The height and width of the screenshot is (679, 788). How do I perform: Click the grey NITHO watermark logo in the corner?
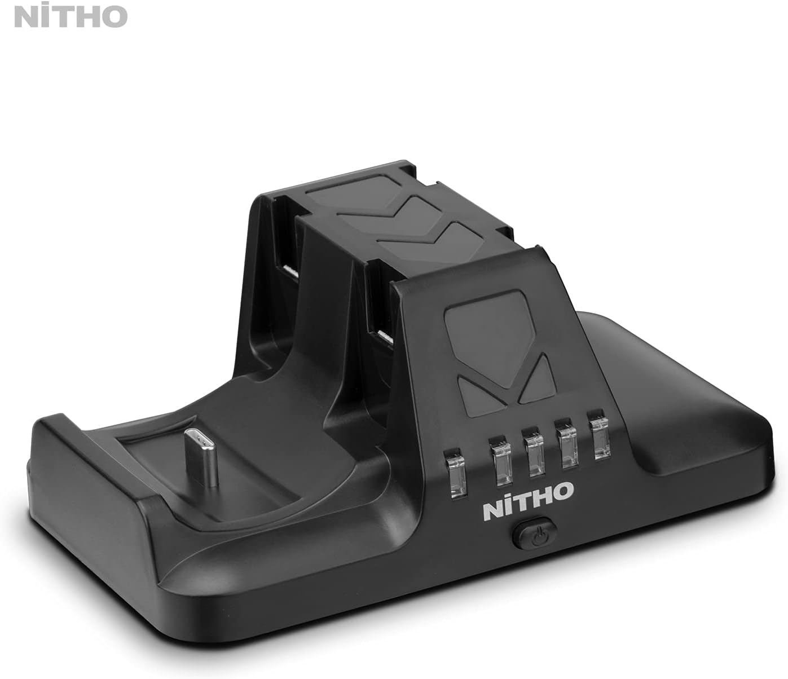click(x=71, y=16)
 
